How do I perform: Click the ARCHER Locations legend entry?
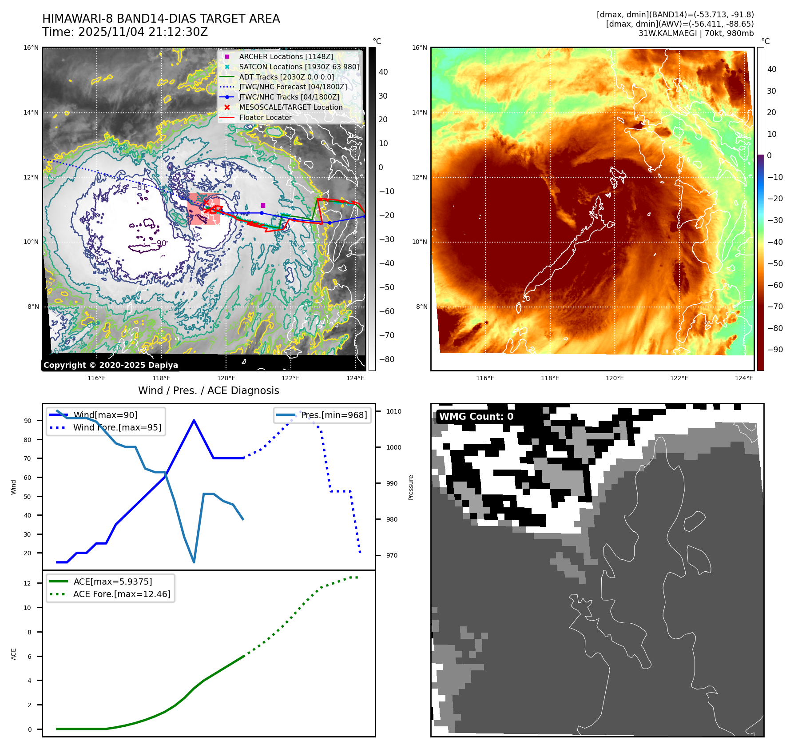286,56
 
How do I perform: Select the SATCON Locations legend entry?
298,67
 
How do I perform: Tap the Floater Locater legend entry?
265,117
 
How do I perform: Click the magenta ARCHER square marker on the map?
263,205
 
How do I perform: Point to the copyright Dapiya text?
111,365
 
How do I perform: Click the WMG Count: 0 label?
476,417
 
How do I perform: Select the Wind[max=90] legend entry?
105,415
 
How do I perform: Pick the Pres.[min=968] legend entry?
333,415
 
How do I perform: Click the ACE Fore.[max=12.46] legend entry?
121,594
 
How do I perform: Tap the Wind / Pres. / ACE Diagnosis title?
208,390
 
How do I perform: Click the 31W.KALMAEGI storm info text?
696,33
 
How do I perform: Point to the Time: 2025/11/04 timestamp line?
125,32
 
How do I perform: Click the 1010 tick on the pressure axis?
393,411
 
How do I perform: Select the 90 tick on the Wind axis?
28,421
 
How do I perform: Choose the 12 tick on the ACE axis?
28,583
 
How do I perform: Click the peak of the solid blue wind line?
194,420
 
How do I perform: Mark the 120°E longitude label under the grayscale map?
226,378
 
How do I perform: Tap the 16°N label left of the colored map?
419,48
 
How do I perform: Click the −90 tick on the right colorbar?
775,350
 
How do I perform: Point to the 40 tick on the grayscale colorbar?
383,72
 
